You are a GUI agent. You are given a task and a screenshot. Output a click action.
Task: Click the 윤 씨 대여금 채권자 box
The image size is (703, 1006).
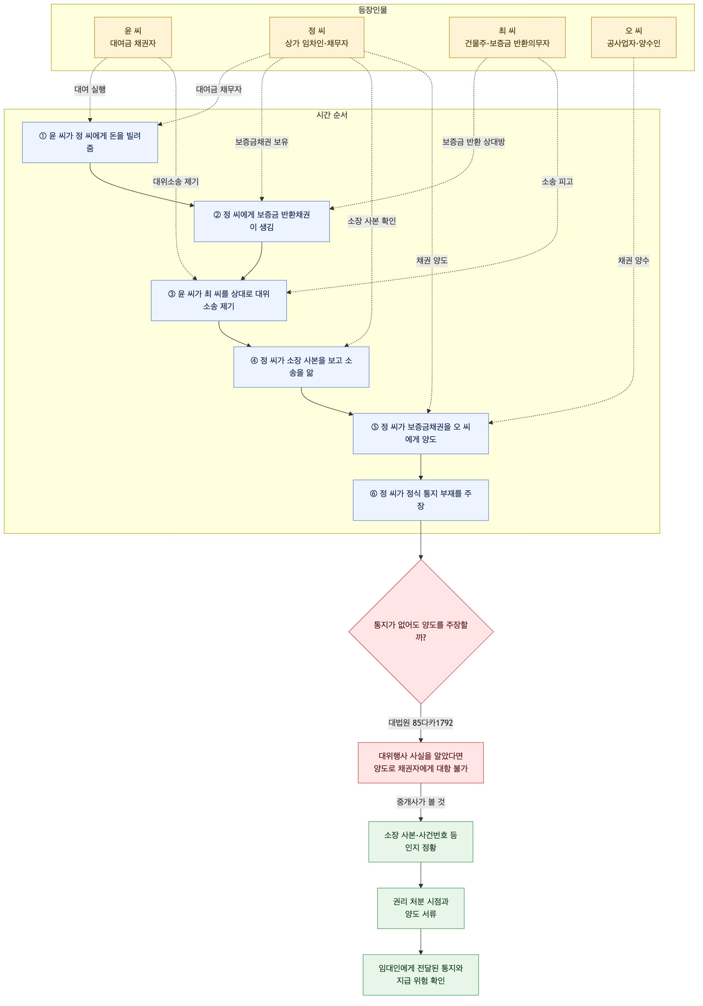click(x=133, y=37)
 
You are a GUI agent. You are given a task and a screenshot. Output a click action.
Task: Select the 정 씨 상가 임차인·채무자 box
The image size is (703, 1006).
click(x=317, y=37)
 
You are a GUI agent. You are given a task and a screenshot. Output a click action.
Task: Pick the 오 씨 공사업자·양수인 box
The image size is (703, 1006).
click(x=634, y=37)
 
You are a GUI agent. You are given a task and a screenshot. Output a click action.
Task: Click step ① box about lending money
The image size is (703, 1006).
click(x=90, y=142)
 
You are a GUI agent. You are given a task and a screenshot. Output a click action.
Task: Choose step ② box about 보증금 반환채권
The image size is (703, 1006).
click(x=262, y=221)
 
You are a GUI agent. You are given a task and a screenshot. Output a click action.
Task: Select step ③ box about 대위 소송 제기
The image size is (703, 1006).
click(x=219, y=301)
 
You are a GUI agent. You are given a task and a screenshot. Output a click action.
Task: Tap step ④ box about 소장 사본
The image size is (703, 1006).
click(x=301, y=367)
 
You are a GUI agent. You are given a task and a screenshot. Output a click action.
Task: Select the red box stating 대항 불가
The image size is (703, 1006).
click(x=420, y=763)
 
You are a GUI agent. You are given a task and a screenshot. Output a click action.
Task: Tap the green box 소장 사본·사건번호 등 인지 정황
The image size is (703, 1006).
click(x=420, y=842)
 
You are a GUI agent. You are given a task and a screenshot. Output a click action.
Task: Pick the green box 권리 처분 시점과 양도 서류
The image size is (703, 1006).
click(x=420, y=908)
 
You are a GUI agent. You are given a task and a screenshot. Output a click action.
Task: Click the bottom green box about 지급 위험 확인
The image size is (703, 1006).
click(x=420, y=975)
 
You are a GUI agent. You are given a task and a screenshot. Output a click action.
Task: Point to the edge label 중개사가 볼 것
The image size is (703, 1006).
click(x=420, y=802)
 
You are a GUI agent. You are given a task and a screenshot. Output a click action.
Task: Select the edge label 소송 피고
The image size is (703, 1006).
click(x=557, y=181)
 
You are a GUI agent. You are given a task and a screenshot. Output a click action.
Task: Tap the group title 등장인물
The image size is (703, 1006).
click(x=373, y=10)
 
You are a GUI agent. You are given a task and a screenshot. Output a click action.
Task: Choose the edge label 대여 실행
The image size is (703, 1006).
click(x=90, y=89)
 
